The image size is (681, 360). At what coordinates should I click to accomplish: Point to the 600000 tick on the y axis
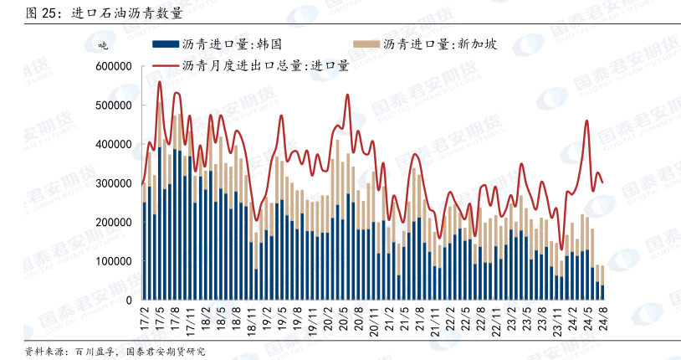(x=114, y=66)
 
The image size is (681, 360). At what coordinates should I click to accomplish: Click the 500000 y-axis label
(x=114, y=105)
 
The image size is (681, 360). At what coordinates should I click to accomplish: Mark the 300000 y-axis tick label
(x=114, y=183)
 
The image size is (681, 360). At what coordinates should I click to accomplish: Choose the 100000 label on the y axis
(x=114, y=261)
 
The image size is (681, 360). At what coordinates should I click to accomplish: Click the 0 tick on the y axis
(x=129, y=300)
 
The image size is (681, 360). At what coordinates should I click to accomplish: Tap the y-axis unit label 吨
(x=104, y=44)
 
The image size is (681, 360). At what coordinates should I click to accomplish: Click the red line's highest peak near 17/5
(x=159, y=82)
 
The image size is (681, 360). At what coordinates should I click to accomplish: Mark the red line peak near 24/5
(x=586, y=121)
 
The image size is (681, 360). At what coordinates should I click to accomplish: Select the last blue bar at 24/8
(x=602, y=292)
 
